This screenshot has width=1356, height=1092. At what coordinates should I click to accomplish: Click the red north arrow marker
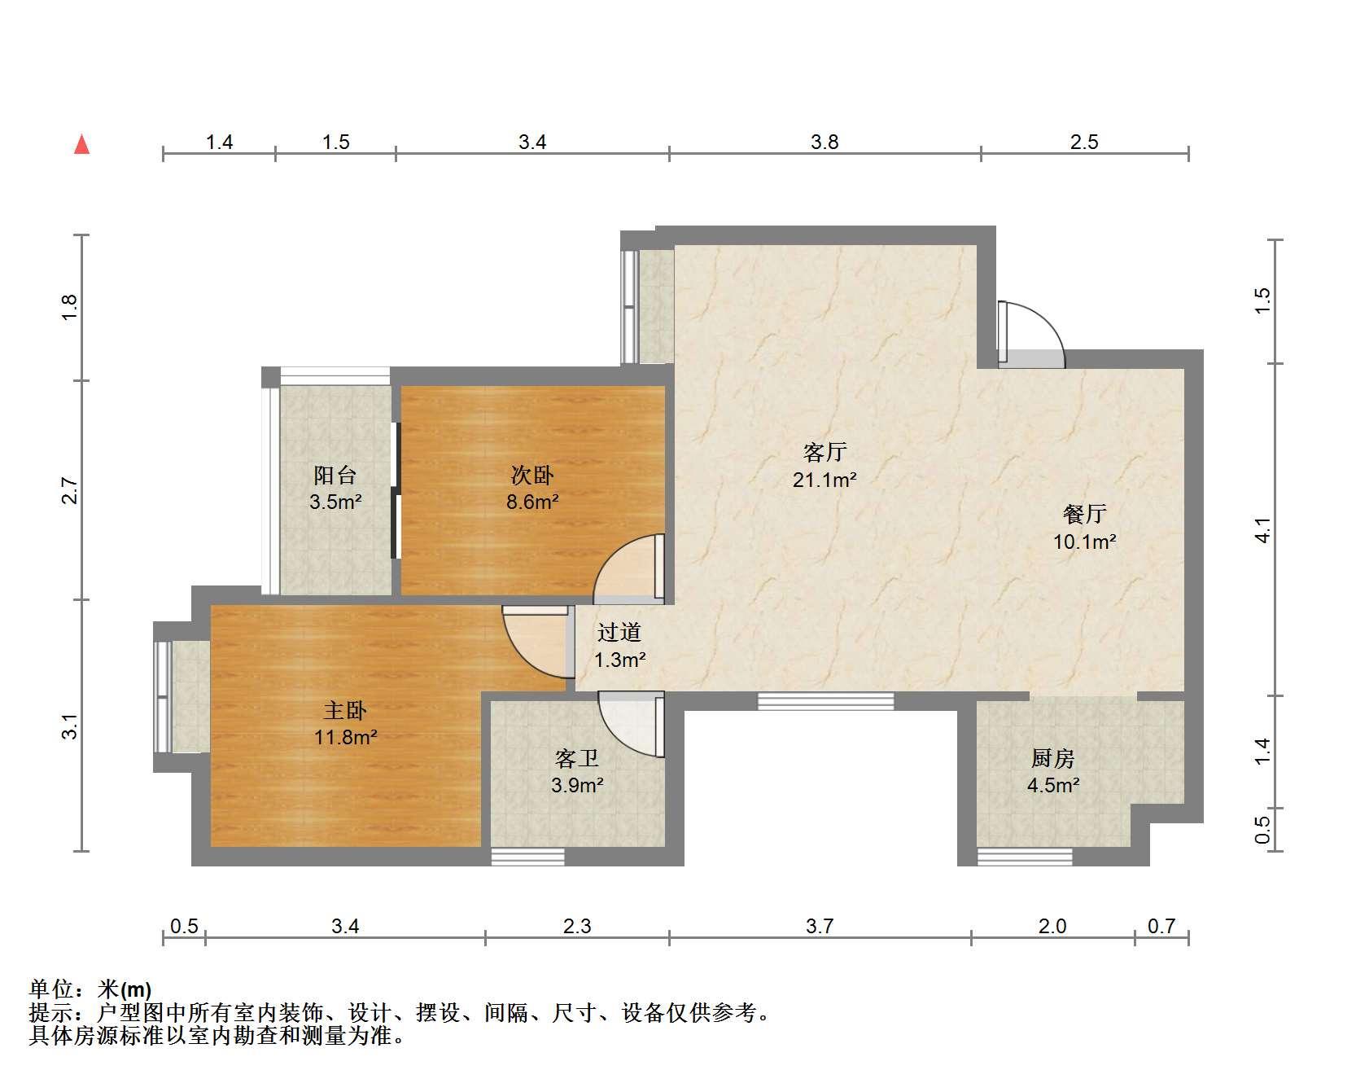(81, 144)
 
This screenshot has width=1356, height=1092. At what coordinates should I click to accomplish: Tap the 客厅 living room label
(825, 452)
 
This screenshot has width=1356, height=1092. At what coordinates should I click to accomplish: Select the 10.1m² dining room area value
(1085, 542)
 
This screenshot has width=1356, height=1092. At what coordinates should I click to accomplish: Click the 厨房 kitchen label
(1053, 759)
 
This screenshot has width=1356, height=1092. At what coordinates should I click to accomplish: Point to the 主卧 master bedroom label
(346, 711)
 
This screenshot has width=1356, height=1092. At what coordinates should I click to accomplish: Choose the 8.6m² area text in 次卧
(532, 502)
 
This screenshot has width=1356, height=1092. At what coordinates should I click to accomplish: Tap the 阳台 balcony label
(335, 476)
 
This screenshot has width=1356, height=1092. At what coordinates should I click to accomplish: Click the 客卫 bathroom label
(577, 759)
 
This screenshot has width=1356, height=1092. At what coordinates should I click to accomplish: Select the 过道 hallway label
(619, 632)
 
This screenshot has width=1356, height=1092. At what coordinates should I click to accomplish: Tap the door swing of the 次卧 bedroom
(629, 568)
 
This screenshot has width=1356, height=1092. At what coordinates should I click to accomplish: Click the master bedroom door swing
(535, 642)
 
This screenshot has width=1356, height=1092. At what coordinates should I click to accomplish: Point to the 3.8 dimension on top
(825, 143)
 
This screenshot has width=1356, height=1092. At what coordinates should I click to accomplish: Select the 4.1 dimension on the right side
(1262, 530)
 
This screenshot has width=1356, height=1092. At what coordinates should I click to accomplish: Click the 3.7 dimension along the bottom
(820, 926)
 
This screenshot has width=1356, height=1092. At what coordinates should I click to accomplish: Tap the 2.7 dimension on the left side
(70, 491)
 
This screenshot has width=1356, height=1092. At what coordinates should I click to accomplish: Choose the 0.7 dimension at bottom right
(1161, 926)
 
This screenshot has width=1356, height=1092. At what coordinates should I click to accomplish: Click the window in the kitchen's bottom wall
(1025, 857)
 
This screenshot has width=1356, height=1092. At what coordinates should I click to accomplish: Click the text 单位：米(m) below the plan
(90, 990)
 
